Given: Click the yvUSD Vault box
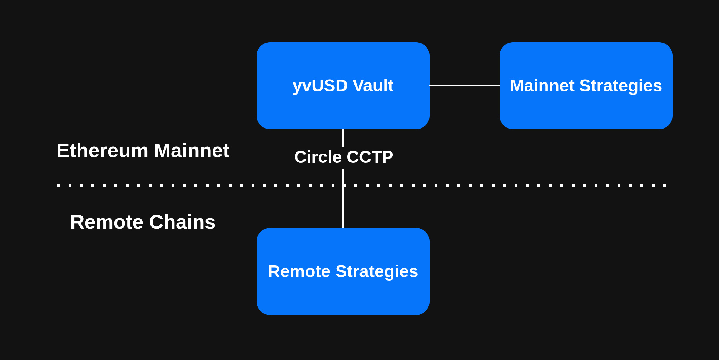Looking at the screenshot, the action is [x=343, y=107].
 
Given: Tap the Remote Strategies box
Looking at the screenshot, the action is [x=343, y=296].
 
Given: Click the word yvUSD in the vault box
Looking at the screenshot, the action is [x=320, y=86].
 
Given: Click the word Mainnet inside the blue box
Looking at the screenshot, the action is [x=542, y=86].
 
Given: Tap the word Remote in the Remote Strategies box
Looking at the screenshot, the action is [x=299, y=271].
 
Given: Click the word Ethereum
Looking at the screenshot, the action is [x=102, y=151].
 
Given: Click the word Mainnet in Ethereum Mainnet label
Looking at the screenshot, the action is [x=192, y=151].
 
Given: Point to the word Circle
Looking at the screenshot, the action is [x=318, y=157].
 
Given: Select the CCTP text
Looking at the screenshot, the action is [x=370, y=157].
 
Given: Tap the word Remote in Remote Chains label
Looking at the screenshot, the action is [x=106, y=222].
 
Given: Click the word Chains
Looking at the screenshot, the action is [x=182, y=222].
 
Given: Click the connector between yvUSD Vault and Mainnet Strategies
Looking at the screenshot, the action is [x=465, y=86].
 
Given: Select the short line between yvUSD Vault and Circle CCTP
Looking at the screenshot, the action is [x=343, y=138].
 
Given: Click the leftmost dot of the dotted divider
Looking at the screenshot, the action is [x=59, y=186].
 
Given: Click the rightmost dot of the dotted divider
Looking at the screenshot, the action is [x=665, y=186].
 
